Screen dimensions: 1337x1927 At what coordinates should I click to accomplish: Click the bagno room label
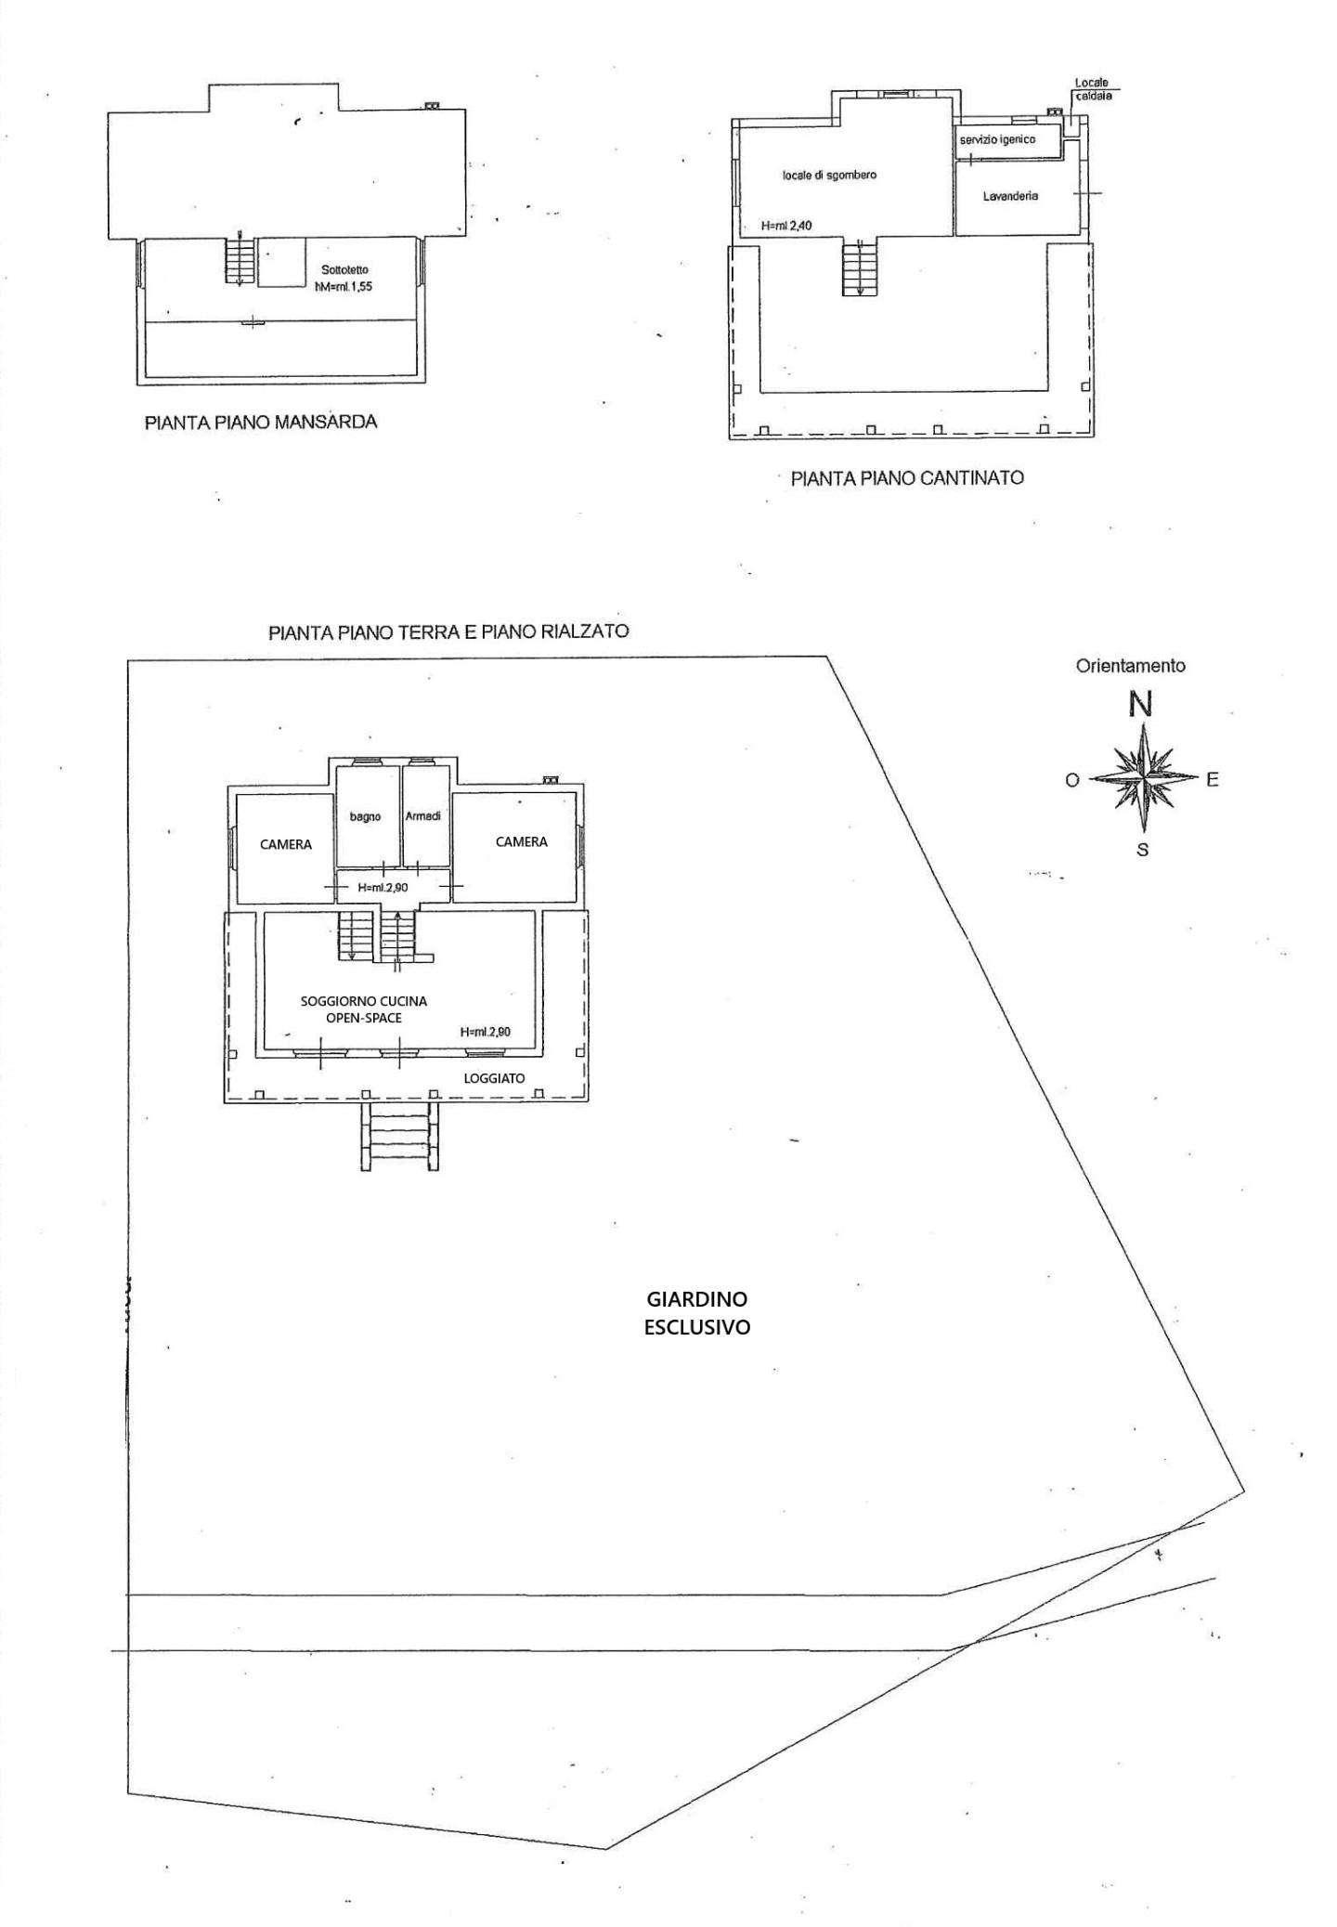[366, 816]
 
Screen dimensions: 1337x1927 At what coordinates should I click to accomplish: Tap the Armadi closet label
[423, 815]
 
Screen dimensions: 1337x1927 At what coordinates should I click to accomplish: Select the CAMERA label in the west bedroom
[286, 845]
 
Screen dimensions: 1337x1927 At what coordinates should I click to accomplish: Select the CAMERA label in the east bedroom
[522, 841]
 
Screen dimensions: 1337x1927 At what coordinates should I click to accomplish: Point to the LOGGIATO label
[495, 1078]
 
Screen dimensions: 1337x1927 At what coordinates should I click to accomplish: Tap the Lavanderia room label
[1010, 197]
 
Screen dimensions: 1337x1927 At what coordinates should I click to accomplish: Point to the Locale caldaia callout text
[1093, 89]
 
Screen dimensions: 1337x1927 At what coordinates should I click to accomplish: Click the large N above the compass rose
[1141, 705]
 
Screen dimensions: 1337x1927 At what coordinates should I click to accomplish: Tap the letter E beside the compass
[1212, 780]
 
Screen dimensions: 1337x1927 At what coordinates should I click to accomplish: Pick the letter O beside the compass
[1071, 781]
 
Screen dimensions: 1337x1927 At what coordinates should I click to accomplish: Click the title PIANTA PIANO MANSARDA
[261, 423]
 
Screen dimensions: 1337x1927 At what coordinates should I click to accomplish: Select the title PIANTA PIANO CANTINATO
[907, 478]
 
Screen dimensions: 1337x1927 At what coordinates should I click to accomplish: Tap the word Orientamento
[1130, 666]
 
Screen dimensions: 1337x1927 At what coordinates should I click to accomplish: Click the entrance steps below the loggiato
[399, 1137]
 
